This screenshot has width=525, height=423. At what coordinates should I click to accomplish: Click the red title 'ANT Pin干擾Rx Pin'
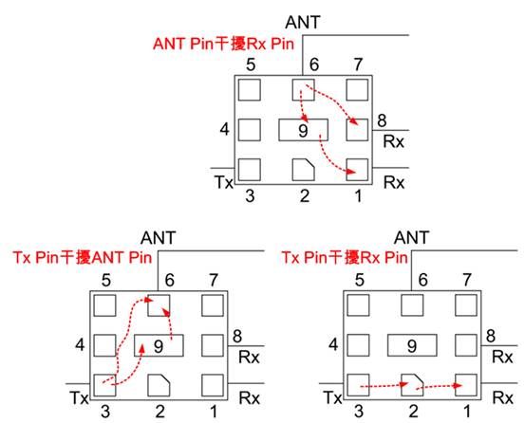[x=224, y=44]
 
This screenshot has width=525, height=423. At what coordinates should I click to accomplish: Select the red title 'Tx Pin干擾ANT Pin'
[x=83, y=257]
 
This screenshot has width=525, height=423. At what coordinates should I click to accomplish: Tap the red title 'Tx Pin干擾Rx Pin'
[x=345, y=257]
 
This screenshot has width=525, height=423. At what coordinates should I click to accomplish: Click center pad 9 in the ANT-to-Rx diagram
[x=304, y=130]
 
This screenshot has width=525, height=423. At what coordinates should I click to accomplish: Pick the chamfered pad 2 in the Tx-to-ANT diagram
[x=159, y=385]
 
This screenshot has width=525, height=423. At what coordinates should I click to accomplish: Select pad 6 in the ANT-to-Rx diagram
[x=304, y=89]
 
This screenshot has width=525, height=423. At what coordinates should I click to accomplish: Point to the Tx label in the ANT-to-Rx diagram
[x=224, y=183]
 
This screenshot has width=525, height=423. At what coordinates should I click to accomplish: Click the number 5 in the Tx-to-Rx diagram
[x=359, y=280]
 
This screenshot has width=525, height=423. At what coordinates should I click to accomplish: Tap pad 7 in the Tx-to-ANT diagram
[x=213, y=305]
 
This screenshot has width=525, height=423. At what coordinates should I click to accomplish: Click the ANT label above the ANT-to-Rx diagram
[x=303, y=22]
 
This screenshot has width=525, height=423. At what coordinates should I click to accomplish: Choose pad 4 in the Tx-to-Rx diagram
[x=358, y=345]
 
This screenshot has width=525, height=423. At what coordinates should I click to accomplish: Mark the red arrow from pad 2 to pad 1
[x=439, y=387]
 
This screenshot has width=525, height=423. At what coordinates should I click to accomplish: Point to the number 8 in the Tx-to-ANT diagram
[x=237, y=336]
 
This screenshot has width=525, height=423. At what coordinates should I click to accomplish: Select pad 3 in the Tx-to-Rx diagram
[x=358, y=385]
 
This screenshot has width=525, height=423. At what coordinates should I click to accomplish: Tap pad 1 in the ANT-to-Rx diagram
[x=357, y=170]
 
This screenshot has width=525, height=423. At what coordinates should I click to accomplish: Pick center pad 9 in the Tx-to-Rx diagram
[x=412, y=345]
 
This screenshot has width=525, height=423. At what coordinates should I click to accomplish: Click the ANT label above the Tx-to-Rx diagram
[x=411, y=238]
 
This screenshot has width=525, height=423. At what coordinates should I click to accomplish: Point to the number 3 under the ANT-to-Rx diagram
[x=250, y=195]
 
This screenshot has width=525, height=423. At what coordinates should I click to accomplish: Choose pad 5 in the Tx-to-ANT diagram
[x=104, y=305]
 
